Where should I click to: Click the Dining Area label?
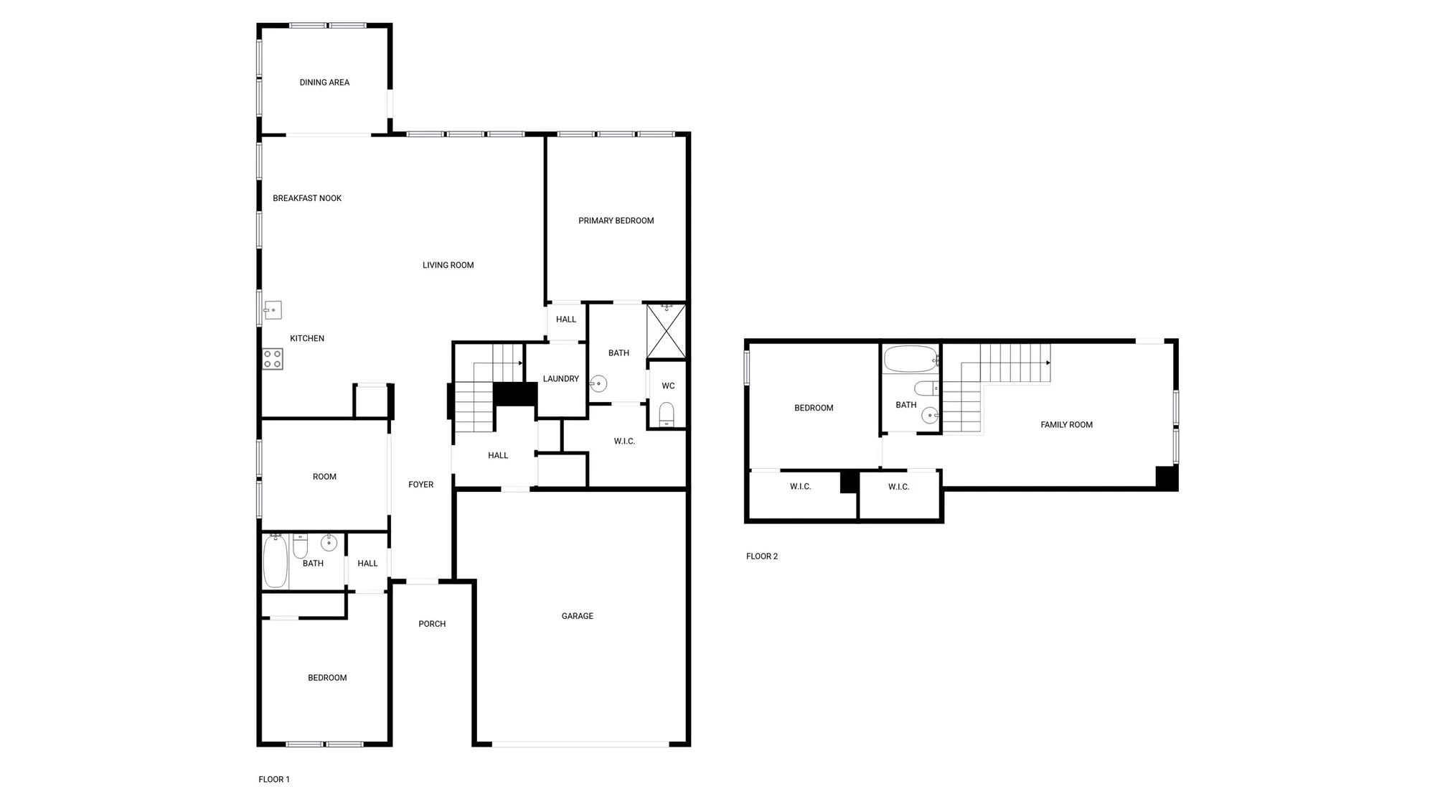[324, 83]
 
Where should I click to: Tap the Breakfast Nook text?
[307, 198]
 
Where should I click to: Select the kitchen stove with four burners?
[273, 359]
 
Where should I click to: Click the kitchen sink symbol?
[273, 310]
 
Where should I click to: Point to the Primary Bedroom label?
[616, 220]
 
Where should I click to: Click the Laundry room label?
[560, 378]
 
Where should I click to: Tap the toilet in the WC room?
[667, 414]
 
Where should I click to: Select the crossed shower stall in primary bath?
[667, 331]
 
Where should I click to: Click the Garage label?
[577, 616]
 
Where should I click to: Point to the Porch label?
[432, 624]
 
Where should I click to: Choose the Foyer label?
[420, 485]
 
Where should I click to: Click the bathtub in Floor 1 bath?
[276, 561]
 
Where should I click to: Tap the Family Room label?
[1066, 425]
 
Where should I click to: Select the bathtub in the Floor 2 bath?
[911, 359]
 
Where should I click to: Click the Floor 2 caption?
[761, 556]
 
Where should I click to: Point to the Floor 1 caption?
[274, 779]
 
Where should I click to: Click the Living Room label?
[448, 265]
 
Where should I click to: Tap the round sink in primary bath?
[598, 383]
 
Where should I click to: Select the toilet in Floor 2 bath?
[926, 388]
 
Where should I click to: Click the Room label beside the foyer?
[324, 477]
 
